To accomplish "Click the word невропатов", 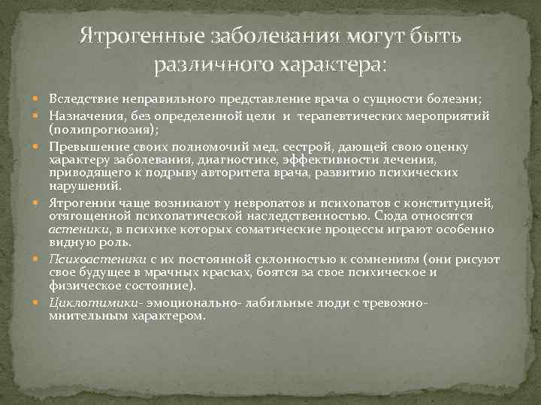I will click(263, 203).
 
